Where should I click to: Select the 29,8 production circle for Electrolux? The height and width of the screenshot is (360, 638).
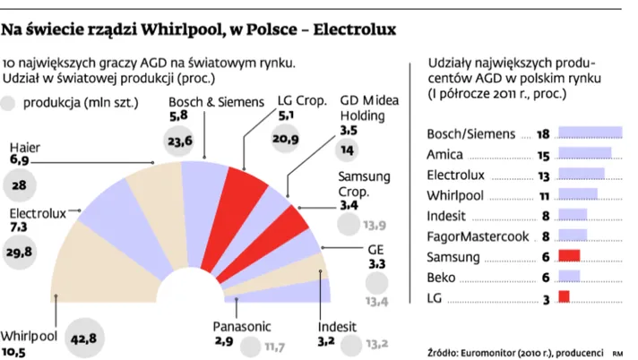(26, 253)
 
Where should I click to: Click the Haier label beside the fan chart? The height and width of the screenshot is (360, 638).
(24, 146)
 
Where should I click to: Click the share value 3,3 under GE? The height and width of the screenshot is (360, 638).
(377, 265)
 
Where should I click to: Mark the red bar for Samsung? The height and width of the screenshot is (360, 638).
(568, 256)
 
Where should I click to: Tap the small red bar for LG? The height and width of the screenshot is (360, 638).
(563, 296)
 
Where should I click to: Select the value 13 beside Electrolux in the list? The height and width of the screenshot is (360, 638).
(544, 175)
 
